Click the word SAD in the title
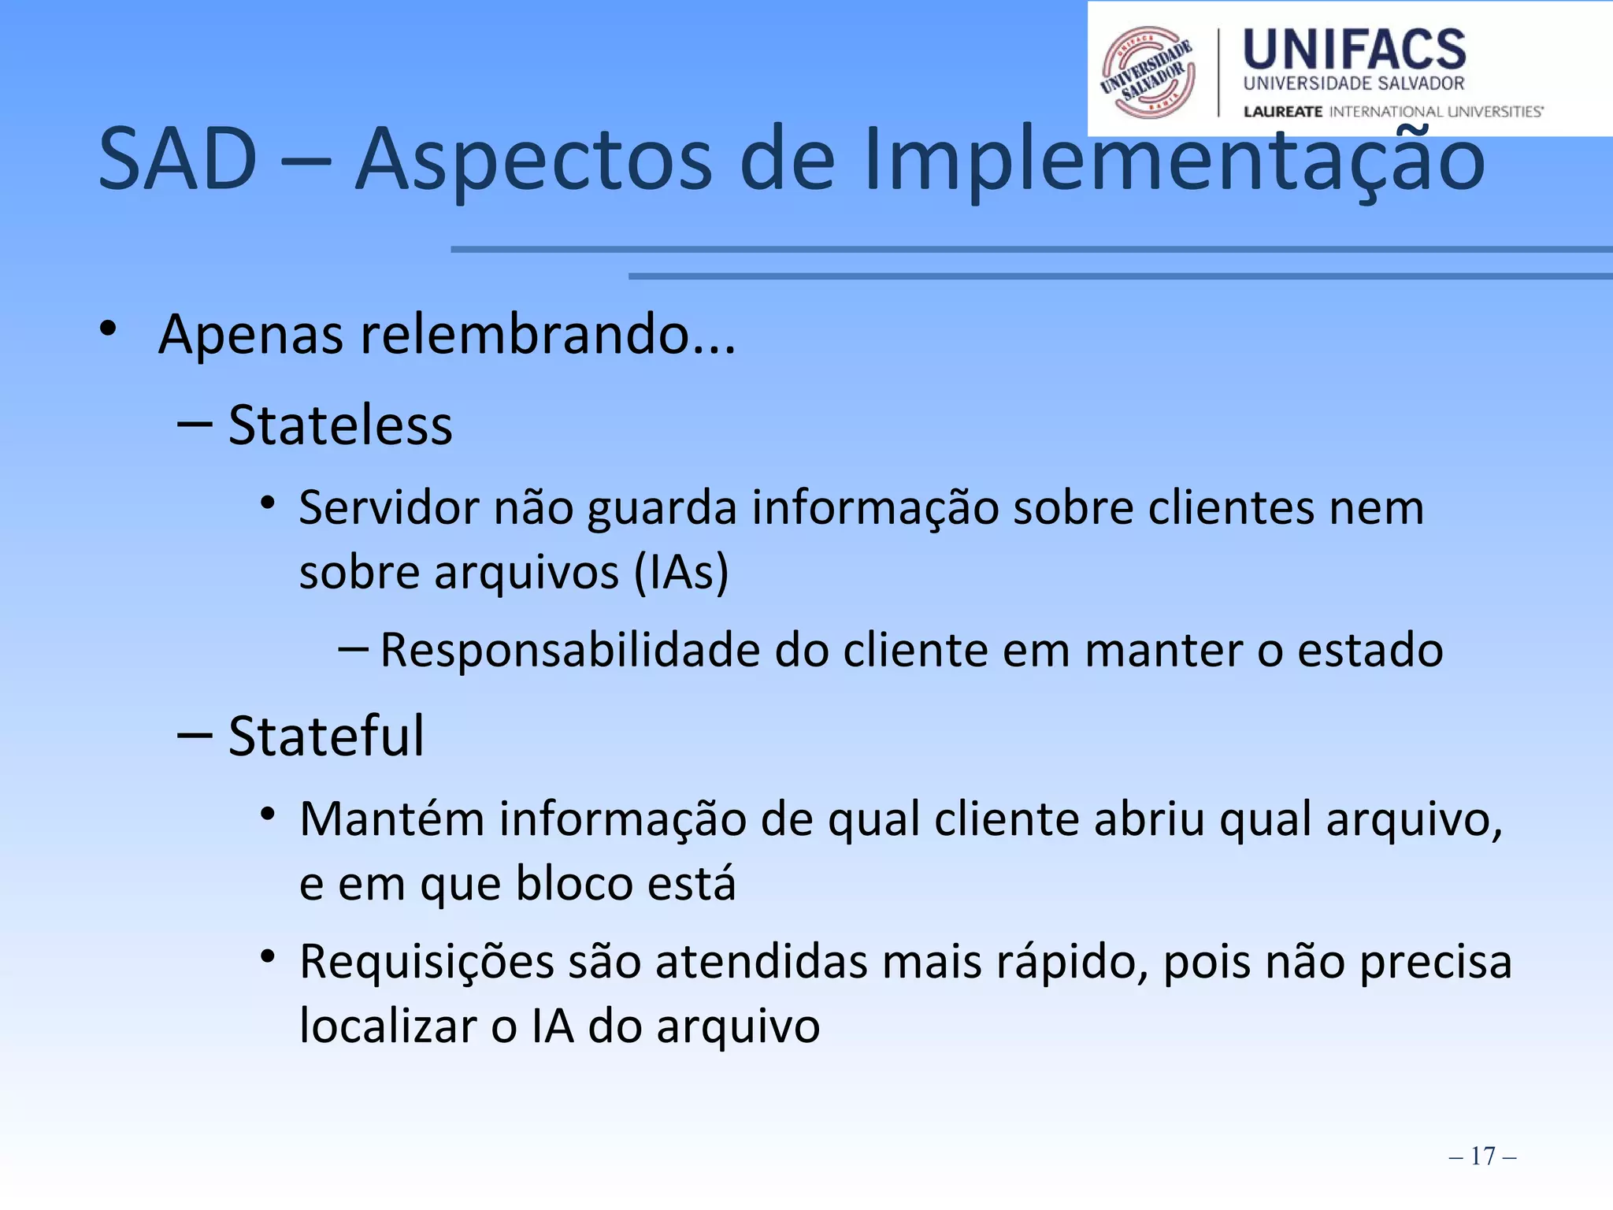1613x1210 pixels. (x=178, y=160)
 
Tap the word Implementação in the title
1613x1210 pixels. (x=1174, y=160)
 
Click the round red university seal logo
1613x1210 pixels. (x=1148, y=72)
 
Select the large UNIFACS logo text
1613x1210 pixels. (x=1354, y=50)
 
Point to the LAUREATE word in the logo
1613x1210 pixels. (x=1283, y=112)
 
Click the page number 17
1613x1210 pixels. (x=1482, y=1156)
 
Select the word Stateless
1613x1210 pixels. (x=340, y=426)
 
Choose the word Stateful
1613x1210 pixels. (x=326, y=737)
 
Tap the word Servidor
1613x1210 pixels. (x=388, y=508)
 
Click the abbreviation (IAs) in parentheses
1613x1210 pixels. (x=681, y=572)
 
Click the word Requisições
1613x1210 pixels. (x=427, y=963)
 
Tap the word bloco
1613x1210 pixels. (x=573, y=883)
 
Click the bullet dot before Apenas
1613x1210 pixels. (x=108, y=328)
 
